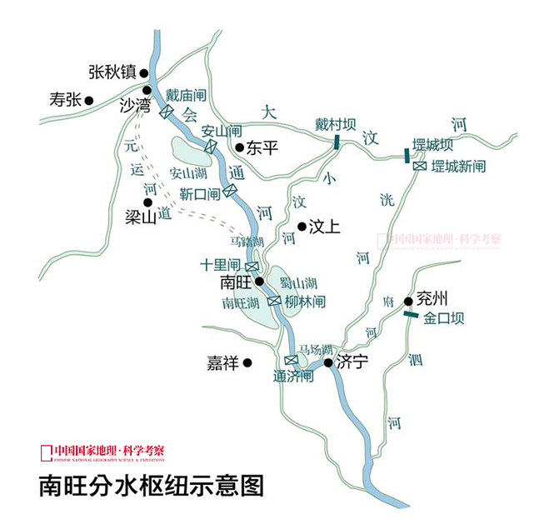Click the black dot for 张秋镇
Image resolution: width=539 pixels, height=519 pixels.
tap(143, 72)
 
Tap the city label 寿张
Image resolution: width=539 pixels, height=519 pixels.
tap(64, 101)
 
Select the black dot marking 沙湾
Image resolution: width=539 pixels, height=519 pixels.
tap(147, 91)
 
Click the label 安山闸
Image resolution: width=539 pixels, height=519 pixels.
tap(222, 131)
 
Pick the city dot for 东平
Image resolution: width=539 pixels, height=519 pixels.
tap(239, 148)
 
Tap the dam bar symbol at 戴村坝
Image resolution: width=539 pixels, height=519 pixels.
tap(337, 143)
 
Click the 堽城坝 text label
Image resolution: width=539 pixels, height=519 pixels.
tap(432, 144)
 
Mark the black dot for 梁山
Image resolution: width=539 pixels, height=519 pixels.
tap(147, 202)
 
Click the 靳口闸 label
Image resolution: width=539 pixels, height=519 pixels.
tap(200, 194)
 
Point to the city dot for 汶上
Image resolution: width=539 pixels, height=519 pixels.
tap(302, 226)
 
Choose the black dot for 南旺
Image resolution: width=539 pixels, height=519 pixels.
tap(259, 282)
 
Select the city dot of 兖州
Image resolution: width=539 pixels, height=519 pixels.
tap(409, 301)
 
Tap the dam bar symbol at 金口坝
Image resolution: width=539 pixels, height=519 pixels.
tap(410, 314)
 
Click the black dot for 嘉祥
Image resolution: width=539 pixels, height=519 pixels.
tap(247, 362)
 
